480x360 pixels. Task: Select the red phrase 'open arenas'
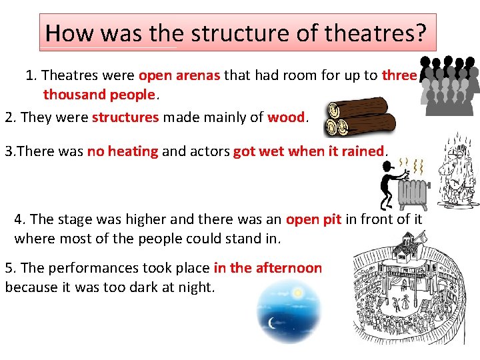179,75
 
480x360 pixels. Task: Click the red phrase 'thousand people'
99,95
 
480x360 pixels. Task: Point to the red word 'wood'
286,118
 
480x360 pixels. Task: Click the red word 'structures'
125,118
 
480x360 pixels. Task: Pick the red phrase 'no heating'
123,151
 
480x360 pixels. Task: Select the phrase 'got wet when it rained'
309,151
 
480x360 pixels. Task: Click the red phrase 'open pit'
313,219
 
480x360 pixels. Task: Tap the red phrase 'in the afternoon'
267,268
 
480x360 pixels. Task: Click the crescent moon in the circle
272,323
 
